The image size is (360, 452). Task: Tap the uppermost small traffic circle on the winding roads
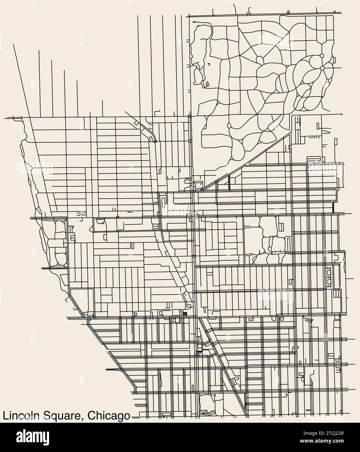pos(322,56)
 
